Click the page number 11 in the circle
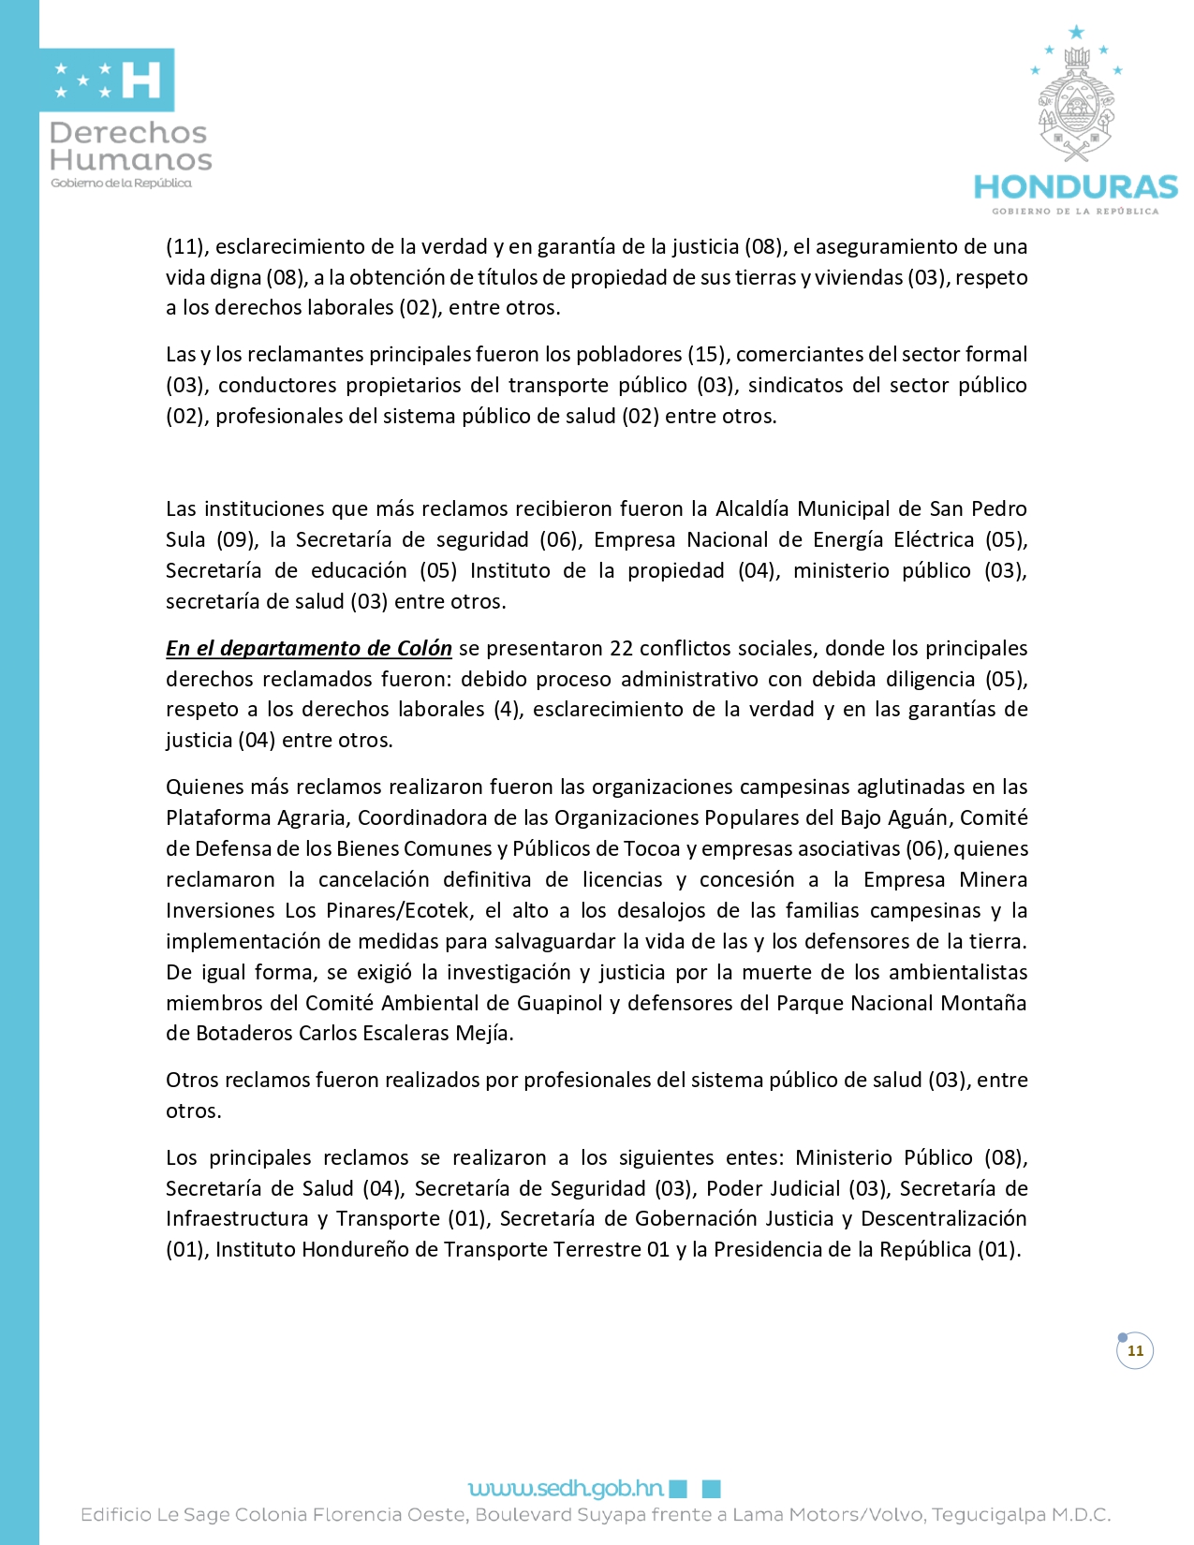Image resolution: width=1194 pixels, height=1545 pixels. tap(1135, 1350)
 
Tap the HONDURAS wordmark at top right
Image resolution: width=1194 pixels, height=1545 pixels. tap(1075, 187)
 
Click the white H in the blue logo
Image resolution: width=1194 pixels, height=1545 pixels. tap(142, 81)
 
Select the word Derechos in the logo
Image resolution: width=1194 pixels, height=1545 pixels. tap(128, 133)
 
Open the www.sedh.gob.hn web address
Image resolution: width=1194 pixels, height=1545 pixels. tap(566, 1488)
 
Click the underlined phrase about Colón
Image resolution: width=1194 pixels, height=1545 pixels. tap(308, 648)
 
